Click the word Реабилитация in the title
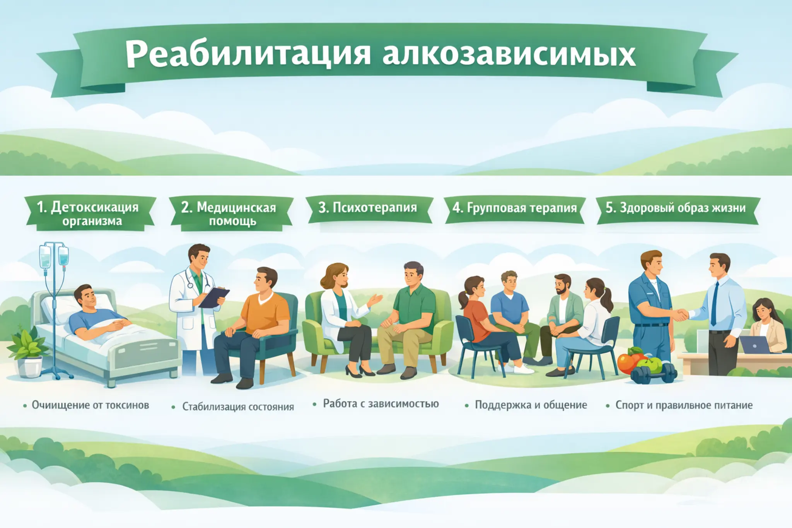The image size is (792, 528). coord(248,54)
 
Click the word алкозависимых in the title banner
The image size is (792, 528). coord(509,54)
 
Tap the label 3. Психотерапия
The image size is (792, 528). coord(368,208)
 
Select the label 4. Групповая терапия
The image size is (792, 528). coord(515,208)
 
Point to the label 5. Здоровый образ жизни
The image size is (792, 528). coord(676,208)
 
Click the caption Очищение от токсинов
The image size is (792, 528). coord(90,405)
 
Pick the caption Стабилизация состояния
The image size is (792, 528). coord(238,407)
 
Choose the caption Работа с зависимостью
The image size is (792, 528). coord(381,404)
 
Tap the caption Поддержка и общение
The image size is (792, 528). coord(531,405)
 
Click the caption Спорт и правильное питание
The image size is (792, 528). coord(684,405)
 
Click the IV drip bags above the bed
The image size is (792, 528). coord(54,255)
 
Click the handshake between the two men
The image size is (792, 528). coord(679,314)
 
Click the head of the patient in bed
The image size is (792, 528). coord(85,296)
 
